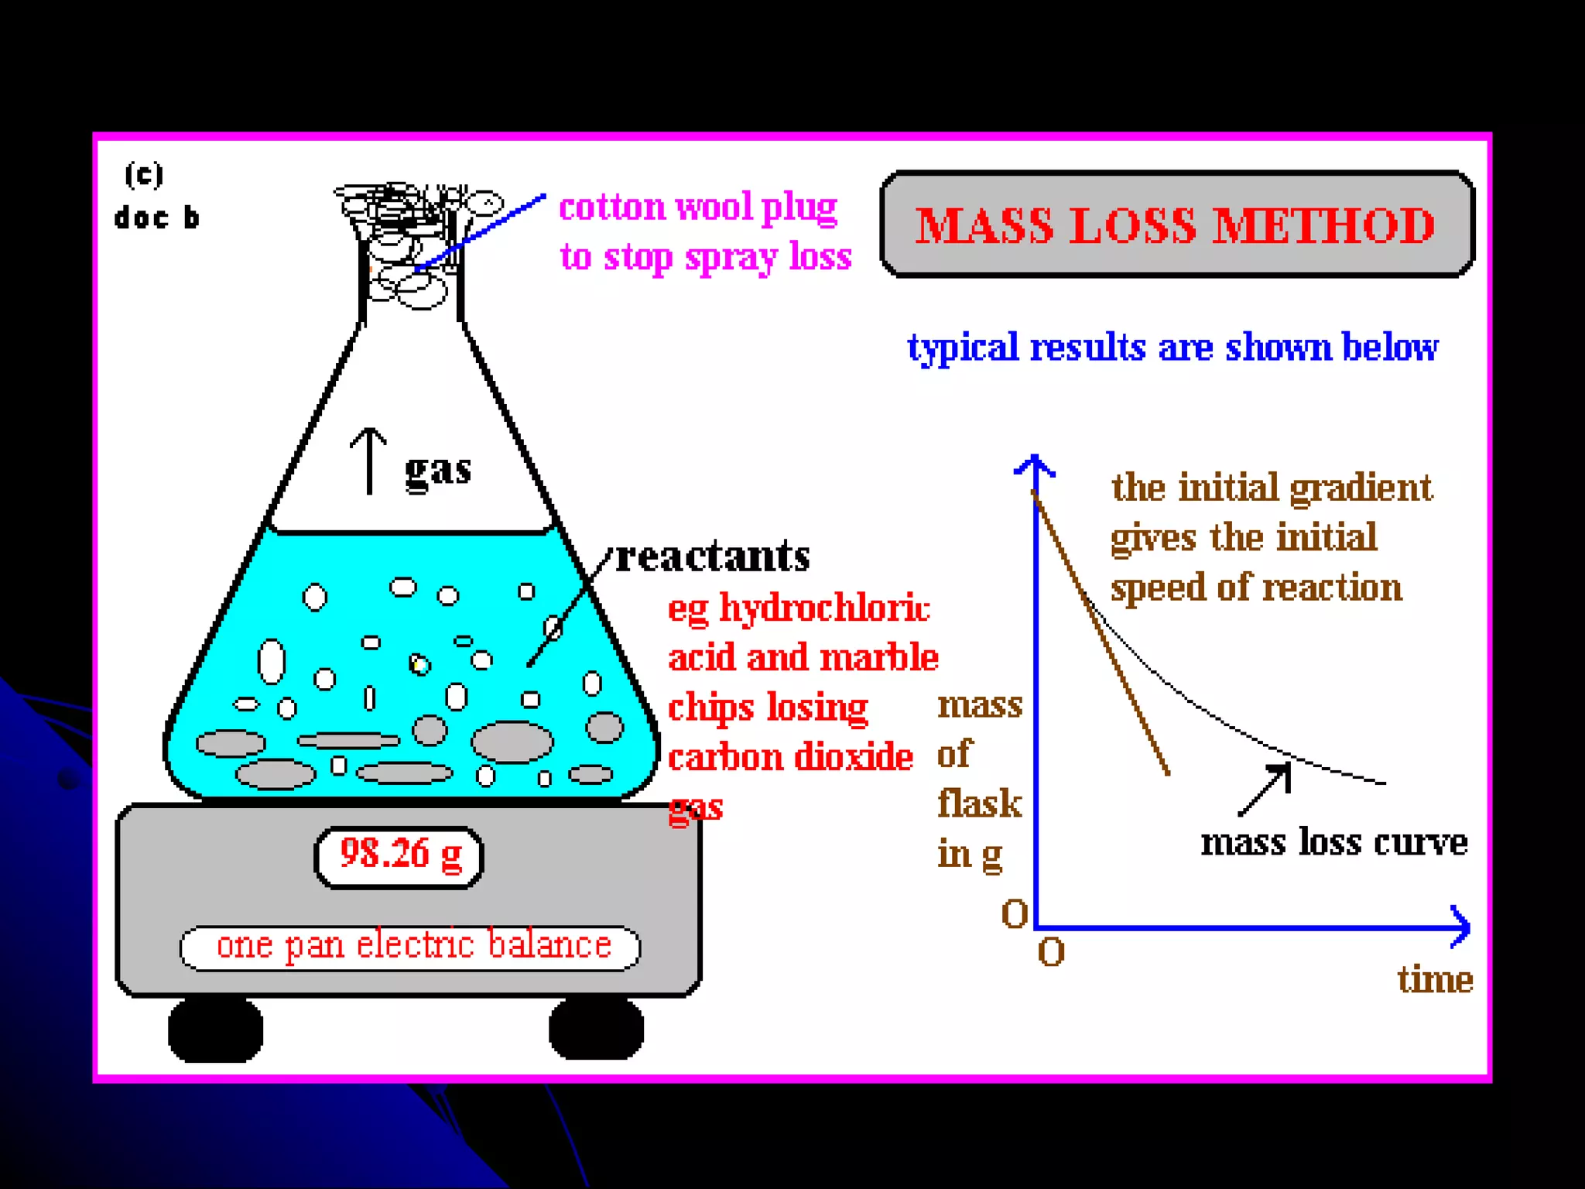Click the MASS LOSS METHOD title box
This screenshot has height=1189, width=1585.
click(1176, 224)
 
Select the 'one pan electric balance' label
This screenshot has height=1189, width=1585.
click(412, 947)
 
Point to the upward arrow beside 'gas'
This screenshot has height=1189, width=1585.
click(369, 461)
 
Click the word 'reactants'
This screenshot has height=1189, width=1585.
click(712, 556)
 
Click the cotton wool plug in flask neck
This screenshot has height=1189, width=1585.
click(410, 240)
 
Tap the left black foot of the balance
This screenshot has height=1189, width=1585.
click(215, 1030)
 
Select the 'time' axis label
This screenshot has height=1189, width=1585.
click(1434, 980)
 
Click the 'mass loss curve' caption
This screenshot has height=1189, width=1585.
click(1333, 842)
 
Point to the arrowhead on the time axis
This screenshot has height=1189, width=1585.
click(1460, 927)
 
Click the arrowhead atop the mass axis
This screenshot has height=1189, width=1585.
click(1035, 465)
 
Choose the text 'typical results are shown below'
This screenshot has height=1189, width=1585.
click(1172, 348)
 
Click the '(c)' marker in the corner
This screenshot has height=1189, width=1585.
click(144, 175)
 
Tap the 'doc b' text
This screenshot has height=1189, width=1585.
click(156, 218)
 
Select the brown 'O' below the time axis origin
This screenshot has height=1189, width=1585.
click(1051, 953)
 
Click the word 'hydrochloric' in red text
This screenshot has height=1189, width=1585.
click(825, 608)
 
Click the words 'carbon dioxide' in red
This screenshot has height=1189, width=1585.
click(790, 757)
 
